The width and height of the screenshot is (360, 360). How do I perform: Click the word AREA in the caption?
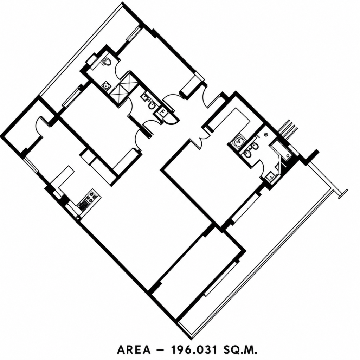134,350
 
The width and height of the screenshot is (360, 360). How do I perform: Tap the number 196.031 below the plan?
194,350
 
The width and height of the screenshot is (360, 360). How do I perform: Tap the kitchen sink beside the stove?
83,205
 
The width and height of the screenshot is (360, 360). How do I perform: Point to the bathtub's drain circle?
288,156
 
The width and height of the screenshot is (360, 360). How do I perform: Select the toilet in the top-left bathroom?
107,62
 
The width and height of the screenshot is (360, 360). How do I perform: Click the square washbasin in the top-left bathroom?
106,86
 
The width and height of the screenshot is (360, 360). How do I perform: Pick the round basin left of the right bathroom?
239,141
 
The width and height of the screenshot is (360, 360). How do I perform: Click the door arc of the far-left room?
38,126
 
